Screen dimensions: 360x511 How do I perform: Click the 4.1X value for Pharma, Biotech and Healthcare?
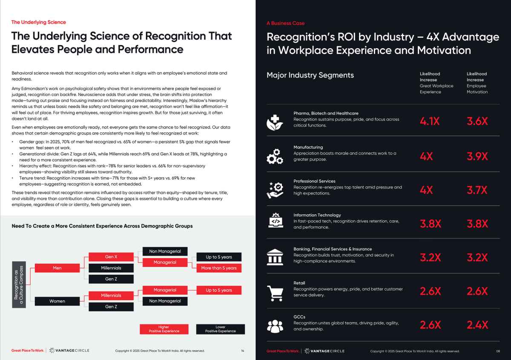tap(430, 121)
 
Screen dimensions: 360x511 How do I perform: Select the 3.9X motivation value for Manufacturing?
tap(477, 156)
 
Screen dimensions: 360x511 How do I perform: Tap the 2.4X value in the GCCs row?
tap(477, 325)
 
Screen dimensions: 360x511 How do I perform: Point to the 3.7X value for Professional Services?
tap(477, 190)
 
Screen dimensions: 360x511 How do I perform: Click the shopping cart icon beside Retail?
tap(275, 292)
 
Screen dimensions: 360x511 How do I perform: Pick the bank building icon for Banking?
tap(275, 258)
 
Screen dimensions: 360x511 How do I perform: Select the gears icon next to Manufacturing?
tap(275, 156)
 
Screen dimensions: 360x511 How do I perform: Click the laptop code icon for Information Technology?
tap(275, 222)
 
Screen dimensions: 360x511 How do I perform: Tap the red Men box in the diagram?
tap(57, 268)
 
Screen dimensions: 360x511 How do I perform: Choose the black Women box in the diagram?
tap(57, 301)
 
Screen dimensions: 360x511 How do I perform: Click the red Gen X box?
tap(111, 257)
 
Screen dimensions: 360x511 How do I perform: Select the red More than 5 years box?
tap(219, 268)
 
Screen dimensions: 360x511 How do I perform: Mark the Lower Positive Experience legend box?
tap(220, 329)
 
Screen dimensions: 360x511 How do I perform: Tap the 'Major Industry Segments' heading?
tap(310, 75)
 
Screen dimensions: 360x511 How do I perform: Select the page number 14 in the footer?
tap(242, 351)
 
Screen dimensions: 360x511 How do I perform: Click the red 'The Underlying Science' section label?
tap(38, 22)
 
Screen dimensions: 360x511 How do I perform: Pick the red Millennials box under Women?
tap(111, 295)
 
